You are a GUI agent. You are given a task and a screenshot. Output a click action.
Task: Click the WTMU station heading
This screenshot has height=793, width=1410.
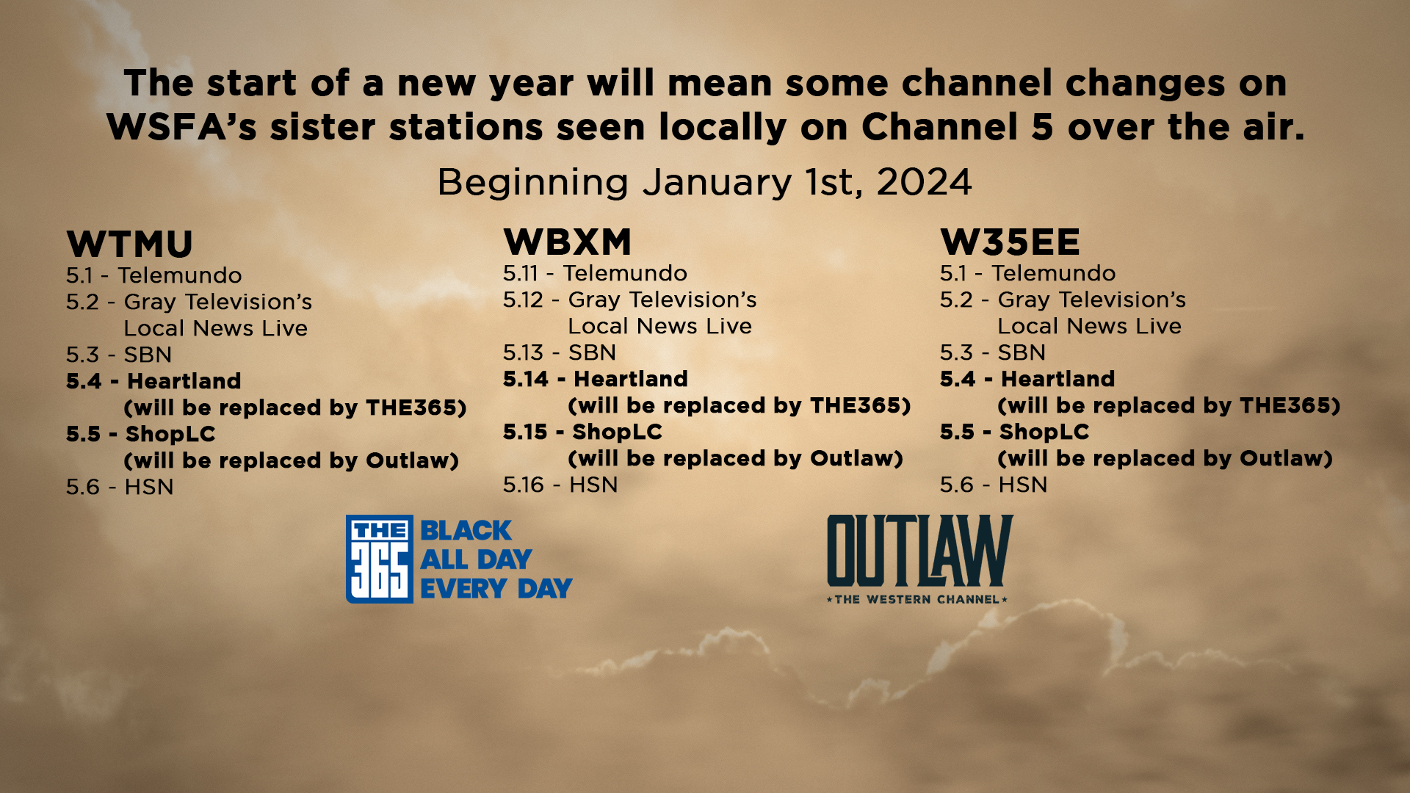pos(129,245)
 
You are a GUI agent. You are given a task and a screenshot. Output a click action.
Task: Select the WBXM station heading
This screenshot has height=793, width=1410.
pos(567,242)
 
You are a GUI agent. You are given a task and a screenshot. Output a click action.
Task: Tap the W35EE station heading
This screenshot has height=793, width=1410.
pos(1010,242)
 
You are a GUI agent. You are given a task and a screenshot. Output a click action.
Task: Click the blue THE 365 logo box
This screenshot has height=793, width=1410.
pos(379,559)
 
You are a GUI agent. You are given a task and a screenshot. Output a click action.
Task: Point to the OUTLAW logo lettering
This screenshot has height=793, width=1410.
pos(919,551)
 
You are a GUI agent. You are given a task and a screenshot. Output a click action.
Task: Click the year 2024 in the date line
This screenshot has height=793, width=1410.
pos(924,182)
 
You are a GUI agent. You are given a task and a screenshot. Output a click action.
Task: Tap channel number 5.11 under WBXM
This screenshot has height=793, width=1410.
pos(521,273)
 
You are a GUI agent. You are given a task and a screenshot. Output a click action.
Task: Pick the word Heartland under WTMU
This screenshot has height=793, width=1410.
pos(184,381)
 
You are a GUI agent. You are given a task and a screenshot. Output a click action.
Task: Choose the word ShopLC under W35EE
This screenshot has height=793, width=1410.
pos(1044,432)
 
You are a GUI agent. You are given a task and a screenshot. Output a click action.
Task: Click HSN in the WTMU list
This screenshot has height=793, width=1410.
pos(149,487)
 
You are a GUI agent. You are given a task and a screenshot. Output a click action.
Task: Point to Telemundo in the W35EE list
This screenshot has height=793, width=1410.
pos(1053,273)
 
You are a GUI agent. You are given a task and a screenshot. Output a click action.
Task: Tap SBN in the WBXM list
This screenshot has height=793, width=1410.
pos(592,352)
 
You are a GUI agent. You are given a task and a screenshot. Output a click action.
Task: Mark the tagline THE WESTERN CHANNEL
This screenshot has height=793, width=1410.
pos(917,599)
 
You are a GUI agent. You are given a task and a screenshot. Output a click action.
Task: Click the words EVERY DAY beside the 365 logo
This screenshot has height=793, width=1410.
pos(496,588)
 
